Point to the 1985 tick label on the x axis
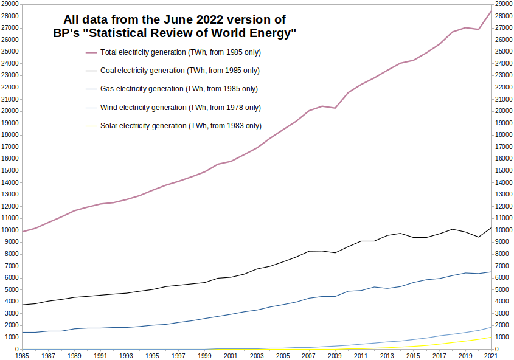(22, 355)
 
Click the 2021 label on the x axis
(491, 355)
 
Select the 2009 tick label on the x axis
(335, 355)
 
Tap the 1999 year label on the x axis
(204, 355)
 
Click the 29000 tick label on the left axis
(10, 4)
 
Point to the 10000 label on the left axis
(10, 230)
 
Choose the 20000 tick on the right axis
(504, 111)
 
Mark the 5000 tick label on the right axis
(502, 290)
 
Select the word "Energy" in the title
(275, 33)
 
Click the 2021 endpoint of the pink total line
(491, 10)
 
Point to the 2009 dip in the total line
(335, 108)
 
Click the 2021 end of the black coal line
(491, 227)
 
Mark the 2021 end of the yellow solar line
(491, 337)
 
